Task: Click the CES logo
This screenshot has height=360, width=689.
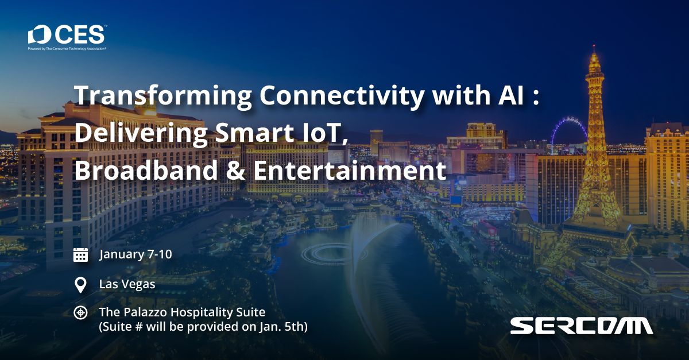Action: [68, 37]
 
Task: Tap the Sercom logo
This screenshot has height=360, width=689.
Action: [581, 326]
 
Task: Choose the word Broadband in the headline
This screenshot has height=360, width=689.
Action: [146, 170]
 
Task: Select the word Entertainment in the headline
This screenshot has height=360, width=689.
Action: [350, 170]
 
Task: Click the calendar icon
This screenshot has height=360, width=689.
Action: [80, 255]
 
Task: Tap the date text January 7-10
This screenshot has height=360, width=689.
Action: [136, 254]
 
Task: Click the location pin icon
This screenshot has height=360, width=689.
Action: [80, 285]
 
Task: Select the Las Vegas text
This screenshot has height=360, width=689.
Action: [127, 284]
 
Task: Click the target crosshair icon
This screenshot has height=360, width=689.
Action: [80, 312]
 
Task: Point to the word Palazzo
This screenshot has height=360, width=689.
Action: [145, 312]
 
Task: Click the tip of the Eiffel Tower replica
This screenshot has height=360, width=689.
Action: [594, 46]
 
